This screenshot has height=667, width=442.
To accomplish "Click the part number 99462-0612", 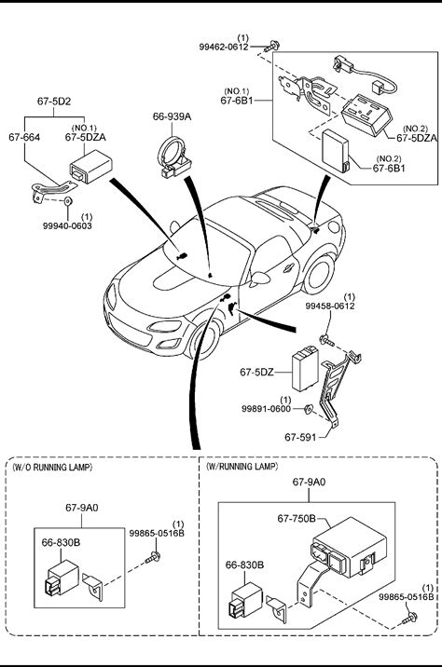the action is (224, 47).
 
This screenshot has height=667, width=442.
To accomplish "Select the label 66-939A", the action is (172, 116).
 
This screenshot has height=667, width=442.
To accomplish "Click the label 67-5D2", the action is (54, 102).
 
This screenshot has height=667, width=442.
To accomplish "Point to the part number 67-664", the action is (24, 137).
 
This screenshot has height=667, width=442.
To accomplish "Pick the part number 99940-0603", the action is (67, 225).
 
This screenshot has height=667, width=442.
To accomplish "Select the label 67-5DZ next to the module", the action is (256, 373).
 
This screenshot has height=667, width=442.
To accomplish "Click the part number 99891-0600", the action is (266, 409).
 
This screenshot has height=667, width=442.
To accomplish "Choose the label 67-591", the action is (300, 437).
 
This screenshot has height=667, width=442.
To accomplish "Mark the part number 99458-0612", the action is (330, 306).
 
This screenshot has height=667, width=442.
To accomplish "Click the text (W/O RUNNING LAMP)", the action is (52, 467).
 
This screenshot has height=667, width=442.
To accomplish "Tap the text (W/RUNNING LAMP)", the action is (242, 466).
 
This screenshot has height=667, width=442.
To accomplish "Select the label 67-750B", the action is (297, 519).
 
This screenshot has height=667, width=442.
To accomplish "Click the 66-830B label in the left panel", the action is (61, 542).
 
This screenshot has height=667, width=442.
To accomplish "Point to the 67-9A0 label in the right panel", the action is (309, 482).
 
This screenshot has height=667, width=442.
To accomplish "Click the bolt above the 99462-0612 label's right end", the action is (272, 46).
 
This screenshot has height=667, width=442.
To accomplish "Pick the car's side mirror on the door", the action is (260, 279).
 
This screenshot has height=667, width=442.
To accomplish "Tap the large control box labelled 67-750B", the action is (349, 548).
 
